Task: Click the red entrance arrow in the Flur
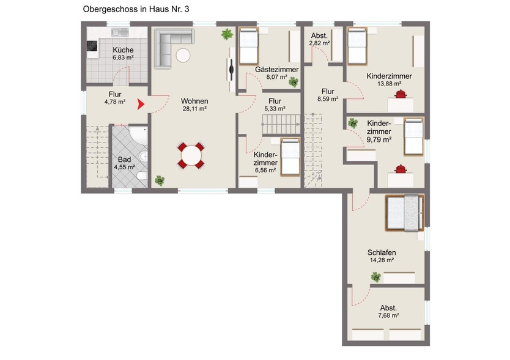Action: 141,105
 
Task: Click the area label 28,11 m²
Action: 194,109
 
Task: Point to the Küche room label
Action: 123,50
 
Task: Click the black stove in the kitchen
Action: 93,47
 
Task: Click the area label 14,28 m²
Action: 381,260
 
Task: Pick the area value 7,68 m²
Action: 388,315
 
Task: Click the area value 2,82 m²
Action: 319,44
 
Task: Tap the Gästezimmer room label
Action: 277,70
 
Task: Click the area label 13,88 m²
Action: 389,84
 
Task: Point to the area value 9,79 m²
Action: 379,139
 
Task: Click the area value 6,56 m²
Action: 266,171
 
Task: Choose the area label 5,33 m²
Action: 275,109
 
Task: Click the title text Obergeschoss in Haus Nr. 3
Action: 140,10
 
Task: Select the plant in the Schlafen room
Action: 375,277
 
